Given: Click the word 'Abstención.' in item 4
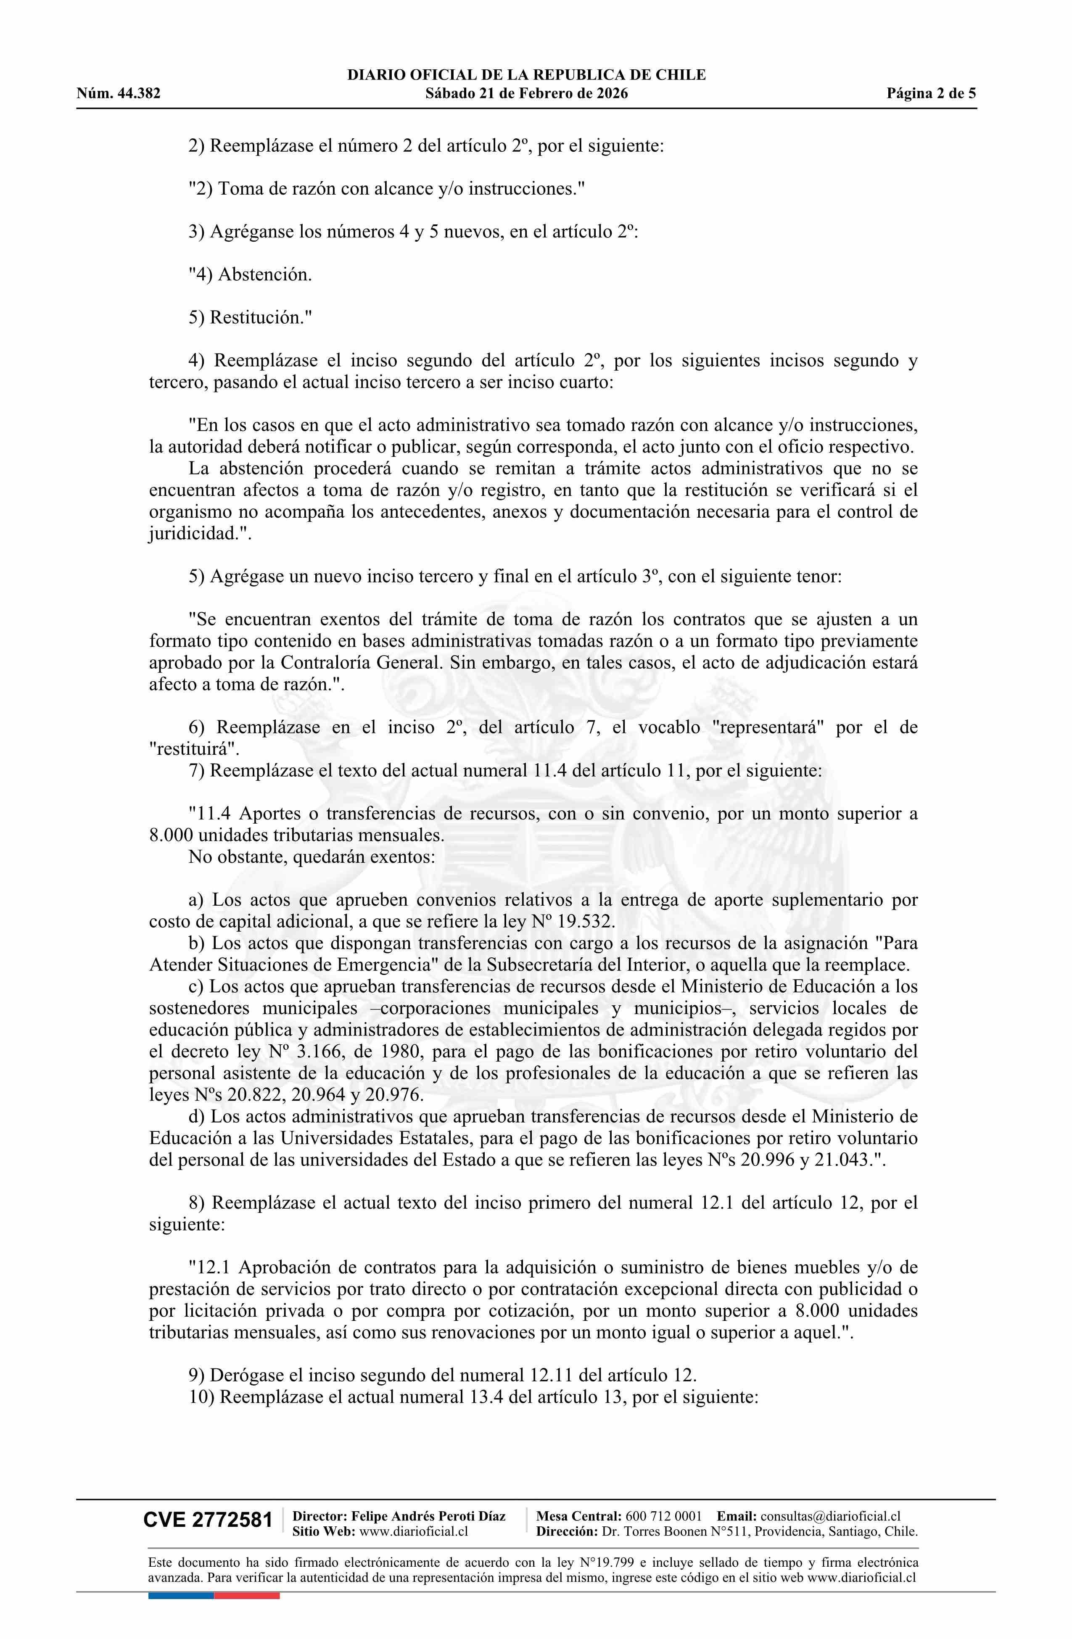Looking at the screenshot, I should pyautogui.click(x=265, y=275).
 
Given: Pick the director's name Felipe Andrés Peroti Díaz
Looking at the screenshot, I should pyautogui.click(x=428, y=1516).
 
